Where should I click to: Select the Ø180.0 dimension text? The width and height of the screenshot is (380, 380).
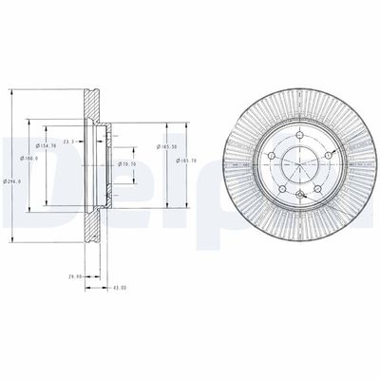click(34, 158)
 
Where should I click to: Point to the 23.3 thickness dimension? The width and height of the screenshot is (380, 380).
click(69, 141)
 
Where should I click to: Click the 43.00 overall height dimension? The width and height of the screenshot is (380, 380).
click(119, 286)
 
